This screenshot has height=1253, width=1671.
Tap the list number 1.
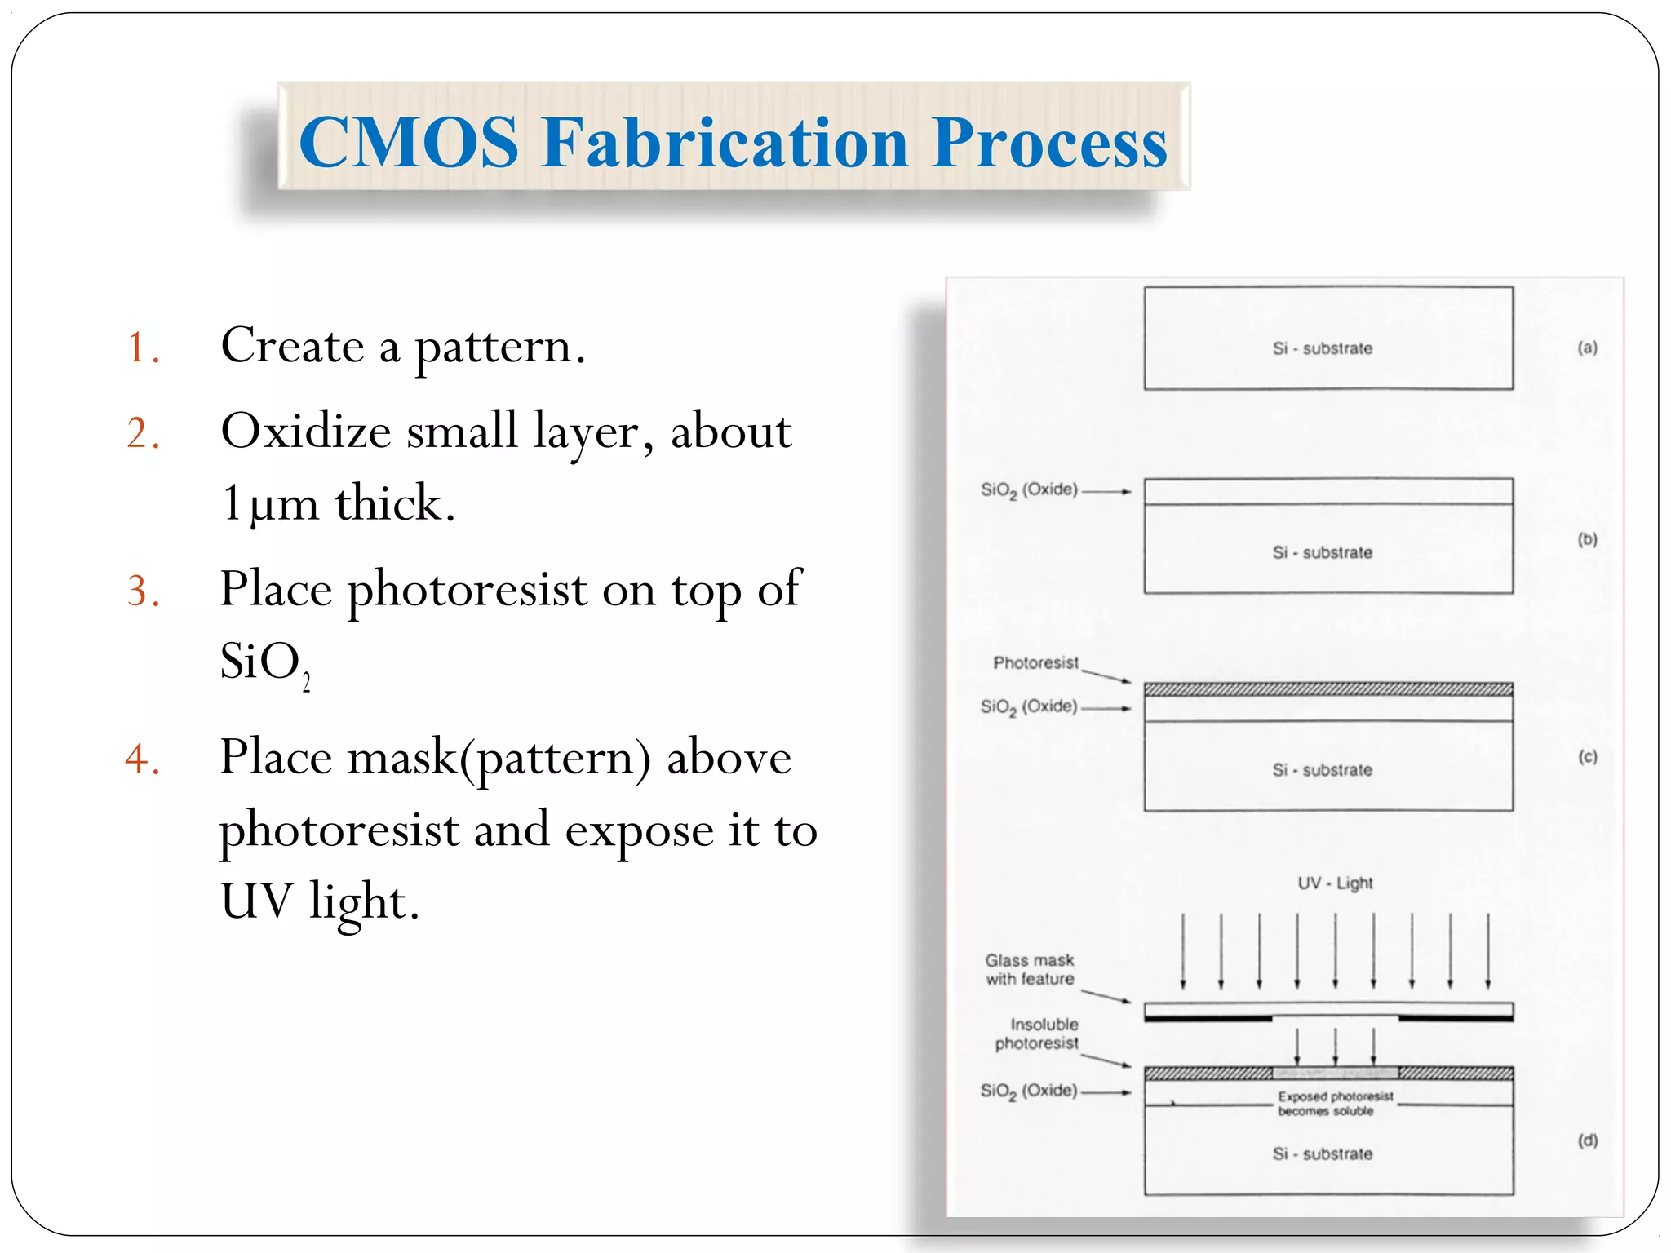(x=142, y=348)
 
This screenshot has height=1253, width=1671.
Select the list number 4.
(x=142, y=759)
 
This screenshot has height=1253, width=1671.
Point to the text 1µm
(x=269, y=503)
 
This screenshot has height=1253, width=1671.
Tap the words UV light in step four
(x=320, y=901)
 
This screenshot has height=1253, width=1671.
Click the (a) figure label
(x=1587, y=348)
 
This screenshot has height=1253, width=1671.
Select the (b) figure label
(x=1587, y=539)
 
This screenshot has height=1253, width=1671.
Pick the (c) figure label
(x=1587, y=757)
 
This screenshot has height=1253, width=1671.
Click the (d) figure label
(x=1587, y=1140)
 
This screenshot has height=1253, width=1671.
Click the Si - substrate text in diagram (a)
(x=1322, y=348)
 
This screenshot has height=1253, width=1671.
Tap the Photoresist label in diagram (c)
(x=1035, y=662)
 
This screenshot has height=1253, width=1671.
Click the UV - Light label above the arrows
(x=1335, y=883)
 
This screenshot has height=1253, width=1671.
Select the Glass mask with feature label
(x=1030, y=969)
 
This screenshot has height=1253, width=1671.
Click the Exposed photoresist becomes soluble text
(x=1334, y=1104)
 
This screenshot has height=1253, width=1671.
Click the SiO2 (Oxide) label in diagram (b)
(x=1029, y=489)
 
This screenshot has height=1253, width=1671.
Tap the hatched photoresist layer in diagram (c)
(x=1328, y=690)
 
